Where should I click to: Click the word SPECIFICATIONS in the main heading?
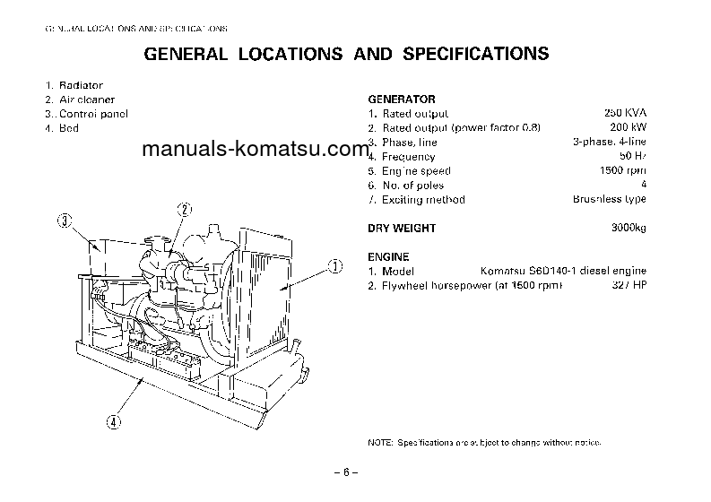click(475, 55)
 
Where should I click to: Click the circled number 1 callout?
click(334, 265)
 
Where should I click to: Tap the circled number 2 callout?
click(184, 211)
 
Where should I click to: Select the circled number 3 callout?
click(65, 220)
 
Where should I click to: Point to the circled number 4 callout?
click(114, 420)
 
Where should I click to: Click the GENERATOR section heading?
click(402, 100)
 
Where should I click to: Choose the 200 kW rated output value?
click(629, 128)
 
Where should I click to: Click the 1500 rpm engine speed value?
click(623, 170)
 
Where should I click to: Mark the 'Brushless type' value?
click(610, 199)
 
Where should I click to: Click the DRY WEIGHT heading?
click(402, 229)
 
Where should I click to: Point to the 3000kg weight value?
click(629, 229)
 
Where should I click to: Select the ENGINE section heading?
click(388, 257)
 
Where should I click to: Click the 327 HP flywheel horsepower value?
click(629, 286)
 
